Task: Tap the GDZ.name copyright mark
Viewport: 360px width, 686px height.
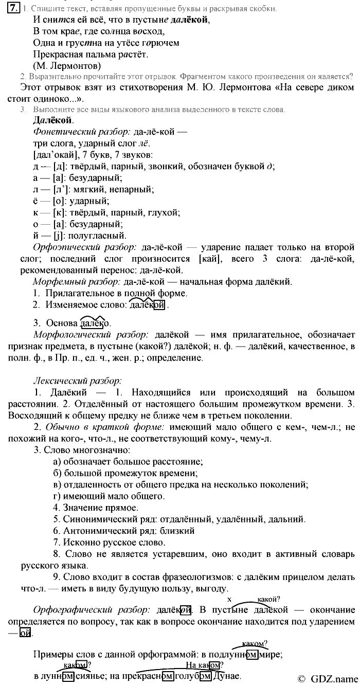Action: pos(327,678)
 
